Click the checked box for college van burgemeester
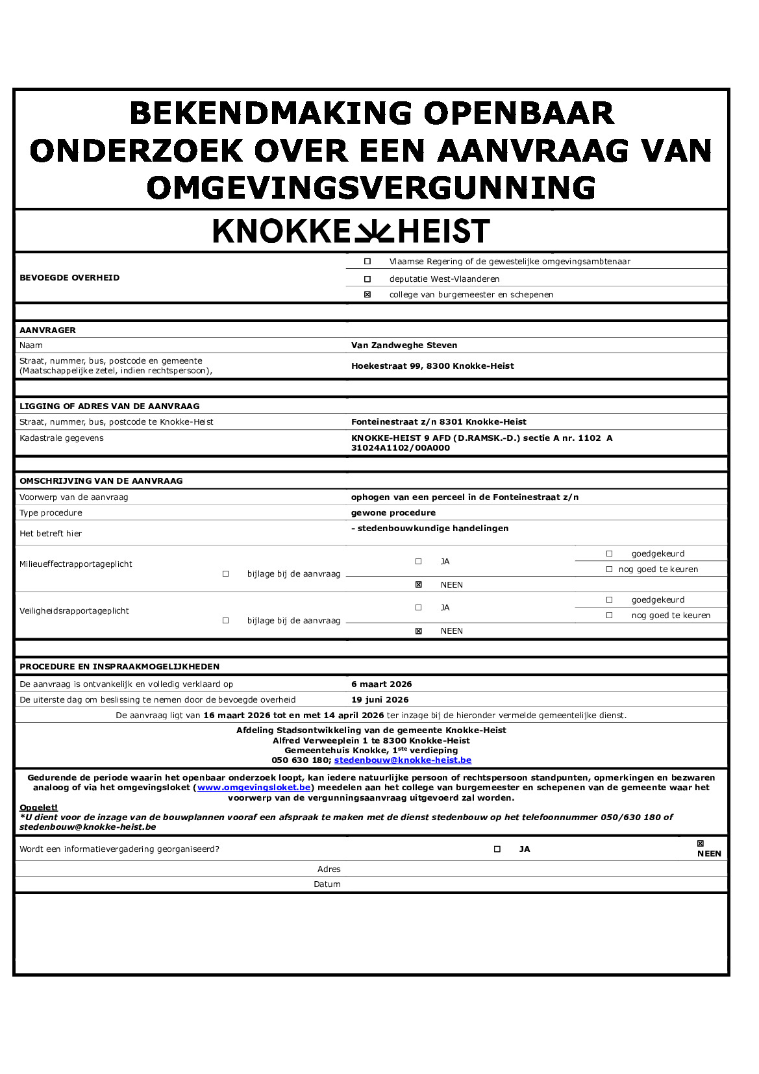click(367, 295)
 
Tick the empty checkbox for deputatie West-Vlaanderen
click(367, 279)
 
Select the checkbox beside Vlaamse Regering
click(367, 262)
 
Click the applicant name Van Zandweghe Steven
click(404, 345)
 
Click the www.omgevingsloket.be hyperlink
click(254, 788)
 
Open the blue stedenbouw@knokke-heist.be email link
click(403, 760)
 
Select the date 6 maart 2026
click(381, 684)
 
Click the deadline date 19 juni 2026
click(380, 700)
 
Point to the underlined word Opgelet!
click(38, 808)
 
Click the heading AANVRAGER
click(47, 331)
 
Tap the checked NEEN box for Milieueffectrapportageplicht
click(419, 585)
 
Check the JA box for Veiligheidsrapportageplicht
click(419, 608)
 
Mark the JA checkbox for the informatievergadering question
click(497, 849)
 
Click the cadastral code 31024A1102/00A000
click(400, 448)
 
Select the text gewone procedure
click(393, 513)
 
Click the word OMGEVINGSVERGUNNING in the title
click(371, 188)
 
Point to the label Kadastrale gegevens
click(62, 438)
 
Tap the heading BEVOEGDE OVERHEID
click(69, 278)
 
